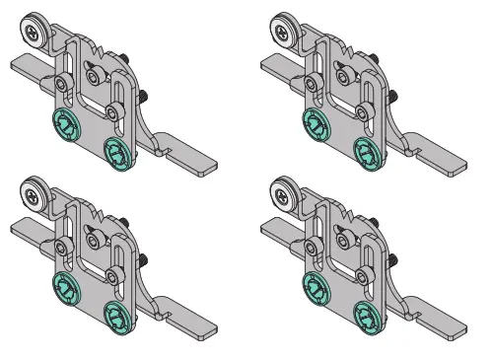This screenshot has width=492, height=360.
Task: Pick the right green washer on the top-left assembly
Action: pos(115,152)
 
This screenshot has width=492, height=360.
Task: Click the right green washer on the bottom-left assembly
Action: pos(115,314)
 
